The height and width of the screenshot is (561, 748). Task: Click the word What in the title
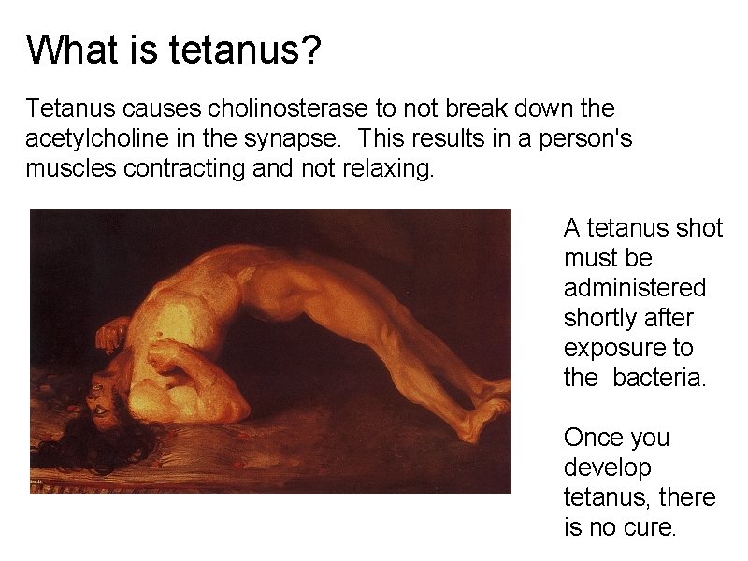pos(67,50)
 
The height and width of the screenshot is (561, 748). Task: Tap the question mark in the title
pos(312,50)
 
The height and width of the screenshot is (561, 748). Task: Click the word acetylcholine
pos(87,140)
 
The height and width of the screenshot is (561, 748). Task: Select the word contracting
pos(175,170)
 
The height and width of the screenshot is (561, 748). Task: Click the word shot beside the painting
pos(697,228)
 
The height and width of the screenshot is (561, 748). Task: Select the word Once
pos(592,438)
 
